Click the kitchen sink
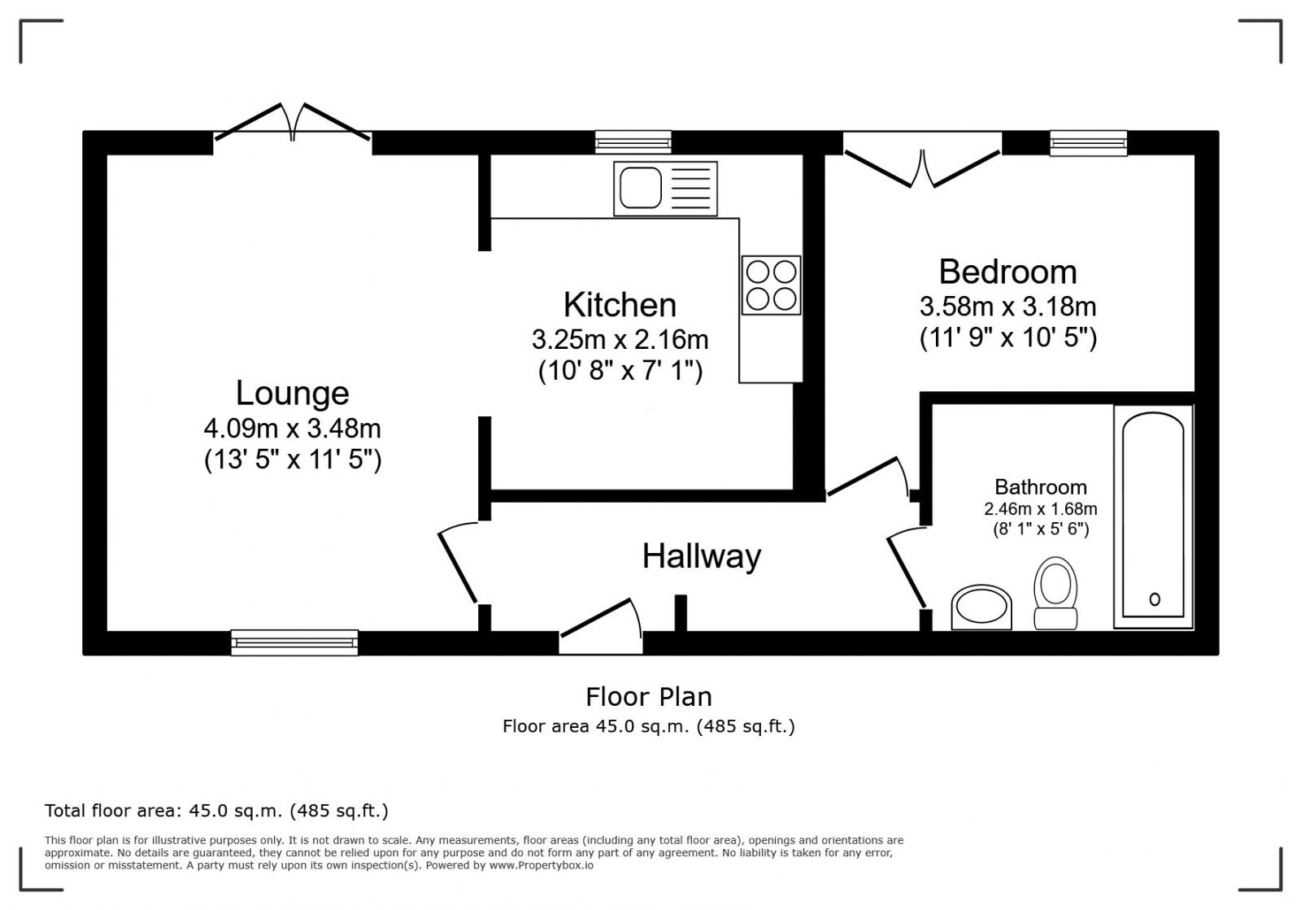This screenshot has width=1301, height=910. (x=665, y=189)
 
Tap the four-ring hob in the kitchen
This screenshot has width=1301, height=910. (x=771, y=285)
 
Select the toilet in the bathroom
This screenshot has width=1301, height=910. (x=1055, y=593)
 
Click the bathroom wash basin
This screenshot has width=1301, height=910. (x=981, y=607)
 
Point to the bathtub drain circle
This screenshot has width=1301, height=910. (x=1154, y=599)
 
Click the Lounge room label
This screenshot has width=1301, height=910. (x=292, y=393)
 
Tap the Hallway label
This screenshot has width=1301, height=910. (x=701, y=556)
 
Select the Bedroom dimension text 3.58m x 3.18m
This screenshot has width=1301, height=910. (x=1007, y=307)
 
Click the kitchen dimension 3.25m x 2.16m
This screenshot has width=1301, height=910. (x=620, y=338)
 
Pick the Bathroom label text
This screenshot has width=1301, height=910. (x=1040, y=487)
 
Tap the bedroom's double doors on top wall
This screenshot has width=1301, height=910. (x=923, y=163)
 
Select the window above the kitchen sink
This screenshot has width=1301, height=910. (x=633, y=143)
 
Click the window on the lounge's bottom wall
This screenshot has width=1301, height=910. (x=294, y=642)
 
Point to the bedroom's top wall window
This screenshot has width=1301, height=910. (x=1088, y=143)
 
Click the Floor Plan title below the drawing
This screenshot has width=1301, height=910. (x=648, y=697)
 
